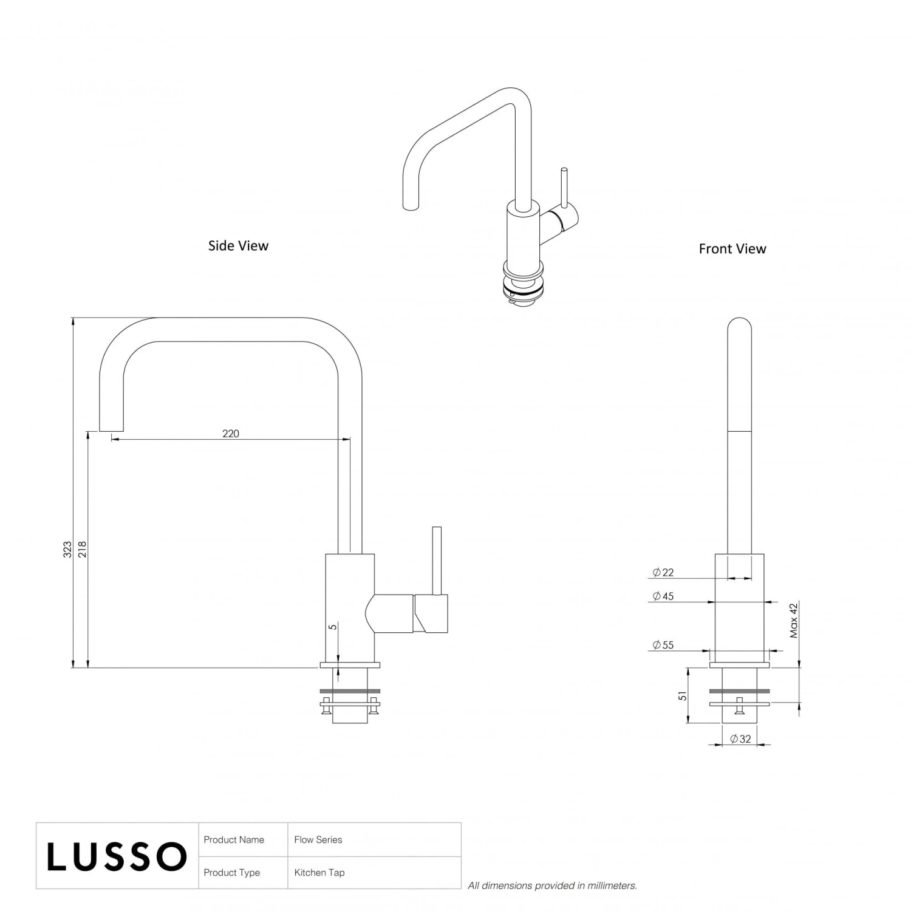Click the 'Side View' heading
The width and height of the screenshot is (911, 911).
[x=238, y=246]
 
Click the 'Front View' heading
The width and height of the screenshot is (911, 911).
[x=732, y=249]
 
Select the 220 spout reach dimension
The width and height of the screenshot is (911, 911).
[x=231, y=434]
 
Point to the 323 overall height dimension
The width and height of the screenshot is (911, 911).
[x=67, y=550]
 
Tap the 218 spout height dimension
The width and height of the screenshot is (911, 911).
[x=83, y=550]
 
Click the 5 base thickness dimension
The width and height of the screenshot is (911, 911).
[x=333, y=627]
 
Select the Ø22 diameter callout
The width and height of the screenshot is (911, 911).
[x=663, y=573]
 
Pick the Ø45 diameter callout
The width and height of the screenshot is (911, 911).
[x=663, y=596]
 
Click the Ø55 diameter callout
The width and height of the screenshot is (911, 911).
[x=663, y=645]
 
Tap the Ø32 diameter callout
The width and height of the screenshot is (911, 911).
[x=740, y=739]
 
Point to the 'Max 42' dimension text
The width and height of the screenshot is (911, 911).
[x=794, y=620]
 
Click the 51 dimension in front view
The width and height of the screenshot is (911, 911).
[x=683, y=696]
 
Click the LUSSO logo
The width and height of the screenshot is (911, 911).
[x=117, y=856]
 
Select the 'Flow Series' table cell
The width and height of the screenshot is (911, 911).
[x=318, y=840]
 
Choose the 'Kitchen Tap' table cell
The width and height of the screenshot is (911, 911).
[x=319, y=873]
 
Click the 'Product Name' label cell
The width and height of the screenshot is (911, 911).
[x=234, y=840]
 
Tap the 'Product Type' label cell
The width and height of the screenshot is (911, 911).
[x=231, y=873]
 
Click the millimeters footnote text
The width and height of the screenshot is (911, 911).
[x=552, y=885]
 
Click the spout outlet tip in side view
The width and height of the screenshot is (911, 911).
[x=111, y=430]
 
